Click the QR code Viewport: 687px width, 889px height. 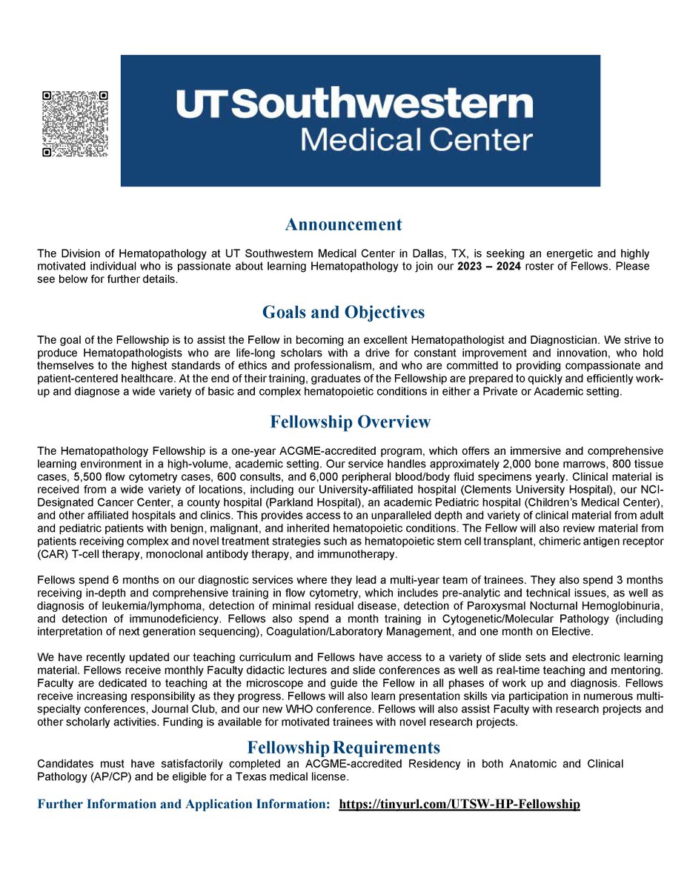tap(75, 123)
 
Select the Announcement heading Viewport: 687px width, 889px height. tap(344, 224)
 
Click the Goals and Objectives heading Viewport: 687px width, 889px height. tap(344, 313)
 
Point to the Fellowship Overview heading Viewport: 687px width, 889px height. tap(350, 422)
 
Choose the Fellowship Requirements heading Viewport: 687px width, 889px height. tap(344, 747)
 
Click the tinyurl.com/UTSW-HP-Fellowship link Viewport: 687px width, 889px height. tap(459, 804)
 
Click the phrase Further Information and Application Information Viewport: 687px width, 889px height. tap(183, 804)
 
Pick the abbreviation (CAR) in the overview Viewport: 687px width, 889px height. tap(51, 554)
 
